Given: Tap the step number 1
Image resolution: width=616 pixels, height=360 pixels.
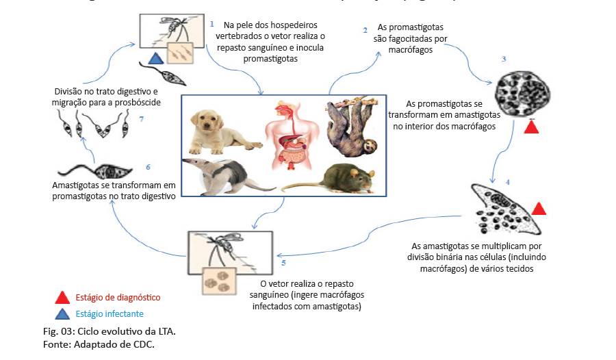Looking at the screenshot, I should point(212,25).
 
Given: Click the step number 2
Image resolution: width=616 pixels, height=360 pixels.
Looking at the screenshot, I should point(365,30).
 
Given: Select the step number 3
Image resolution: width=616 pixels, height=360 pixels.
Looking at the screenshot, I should point(504,60).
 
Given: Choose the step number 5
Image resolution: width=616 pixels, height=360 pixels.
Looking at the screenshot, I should point(283,262).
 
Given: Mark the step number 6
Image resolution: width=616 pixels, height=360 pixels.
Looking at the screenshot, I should point(148,166).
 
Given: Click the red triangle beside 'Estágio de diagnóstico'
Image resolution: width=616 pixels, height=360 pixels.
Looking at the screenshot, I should point(62,297).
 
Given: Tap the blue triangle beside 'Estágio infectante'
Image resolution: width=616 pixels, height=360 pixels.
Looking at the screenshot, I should point(62,313).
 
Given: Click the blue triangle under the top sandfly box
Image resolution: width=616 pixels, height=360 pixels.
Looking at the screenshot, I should point(155,59).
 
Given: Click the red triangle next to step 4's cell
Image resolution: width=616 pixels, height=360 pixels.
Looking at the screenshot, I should point(539,208).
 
